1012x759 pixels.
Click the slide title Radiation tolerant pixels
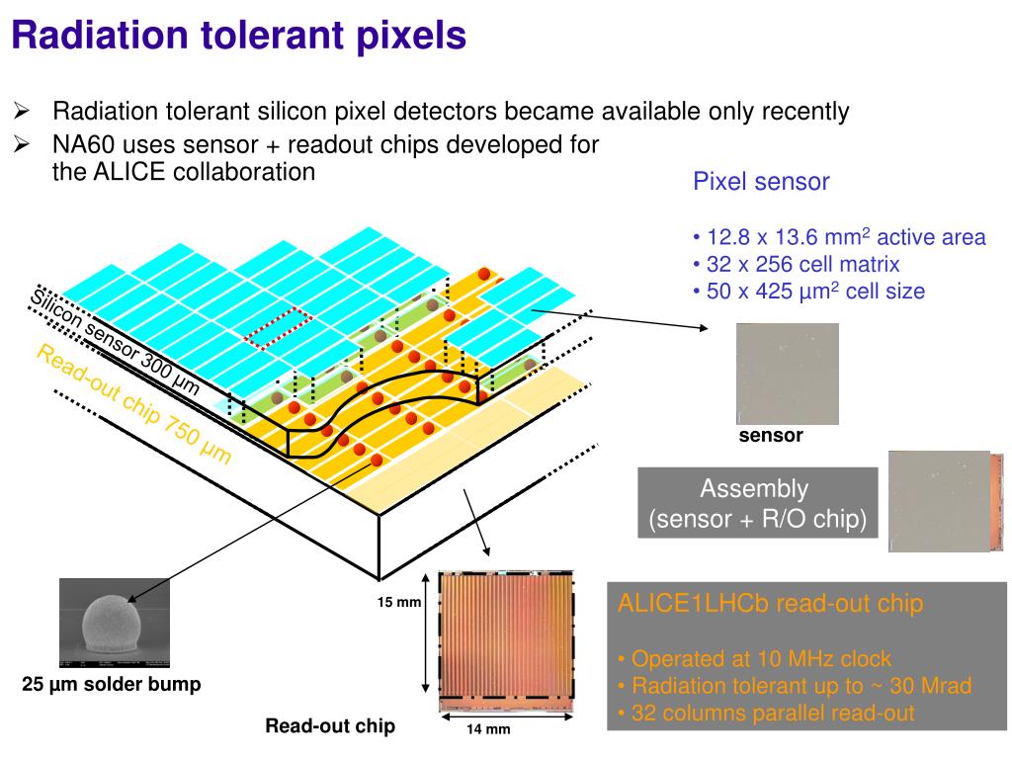pos(238,36)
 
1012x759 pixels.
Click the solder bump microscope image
pos(115,624)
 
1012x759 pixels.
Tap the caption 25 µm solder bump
pos(112,684)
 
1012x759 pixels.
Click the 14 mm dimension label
pos(488,729)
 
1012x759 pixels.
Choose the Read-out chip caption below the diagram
pos(329,726)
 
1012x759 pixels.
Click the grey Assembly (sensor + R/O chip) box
pos(757,504)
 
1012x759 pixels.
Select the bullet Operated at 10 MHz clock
pos(755,658)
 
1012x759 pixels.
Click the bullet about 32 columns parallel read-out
pos(767,713)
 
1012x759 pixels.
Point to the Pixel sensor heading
pos(760,182)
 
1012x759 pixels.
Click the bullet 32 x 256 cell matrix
pos(797,264)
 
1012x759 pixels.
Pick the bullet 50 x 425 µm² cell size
pos(809,291)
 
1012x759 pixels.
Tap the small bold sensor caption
pos(771,436)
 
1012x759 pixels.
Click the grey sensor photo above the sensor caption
pos(787,374)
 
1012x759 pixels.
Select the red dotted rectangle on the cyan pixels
pos(278,328)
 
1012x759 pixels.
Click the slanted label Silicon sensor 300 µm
pos(115,342)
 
